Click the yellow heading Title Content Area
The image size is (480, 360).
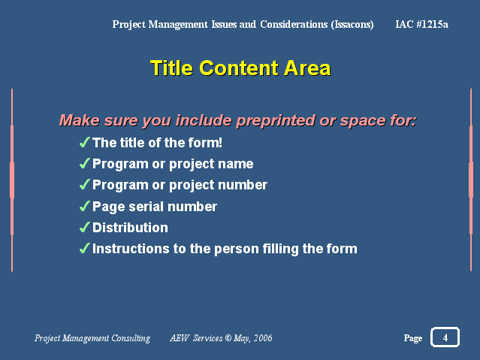pos(240,68)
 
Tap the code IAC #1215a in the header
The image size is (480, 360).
pos(421,24)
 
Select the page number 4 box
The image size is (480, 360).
pos(445,337)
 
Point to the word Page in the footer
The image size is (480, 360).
pos(412,338)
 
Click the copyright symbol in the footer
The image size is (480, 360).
pos(228,337)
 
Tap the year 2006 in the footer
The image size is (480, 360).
pos(263,337)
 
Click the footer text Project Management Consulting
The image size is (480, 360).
pos(92,338)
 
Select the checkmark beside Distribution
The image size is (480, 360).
pos(84,227)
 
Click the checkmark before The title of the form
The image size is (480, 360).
pos(84,142)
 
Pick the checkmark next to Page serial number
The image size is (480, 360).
pos(84,206)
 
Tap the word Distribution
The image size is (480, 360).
pos(130,228)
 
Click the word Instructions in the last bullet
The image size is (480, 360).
pos(131,249)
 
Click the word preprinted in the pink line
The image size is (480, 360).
pos(275,120)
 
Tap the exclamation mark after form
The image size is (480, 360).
pos(220,143)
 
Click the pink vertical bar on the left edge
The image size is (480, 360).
pos(12,180)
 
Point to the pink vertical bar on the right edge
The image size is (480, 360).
pos(471,180)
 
